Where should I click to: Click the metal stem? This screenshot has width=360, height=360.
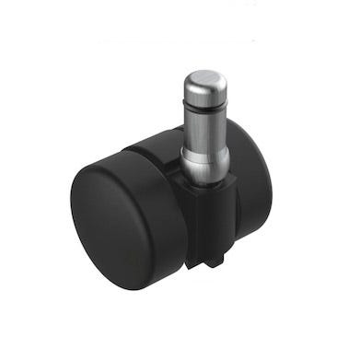(204, 120)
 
